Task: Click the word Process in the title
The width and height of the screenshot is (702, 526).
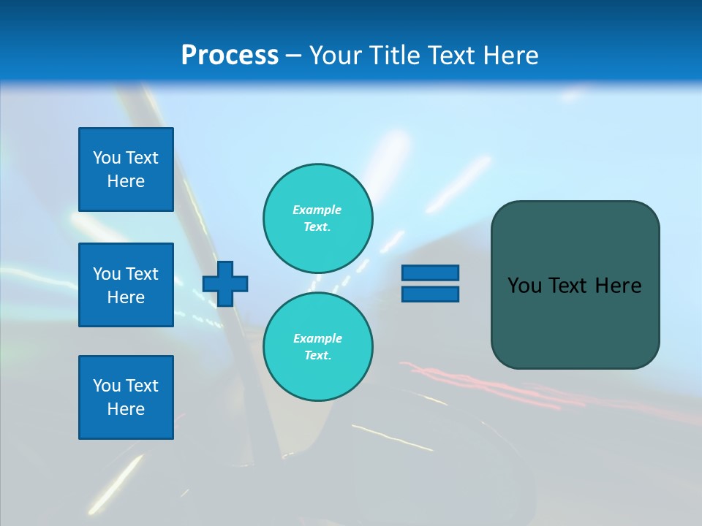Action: click(x=230, y=56)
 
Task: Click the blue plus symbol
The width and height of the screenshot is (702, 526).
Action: click(x=225, y=283)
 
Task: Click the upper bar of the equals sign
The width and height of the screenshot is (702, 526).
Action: click(x=430, y=272)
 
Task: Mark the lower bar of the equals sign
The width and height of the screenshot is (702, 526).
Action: click(x=430, y=294)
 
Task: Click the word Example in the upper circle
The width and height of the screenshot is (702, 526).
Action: click(x=317, y=210)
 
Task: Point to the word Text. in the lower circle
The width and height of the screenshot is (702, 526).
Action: click(x=317, y=355)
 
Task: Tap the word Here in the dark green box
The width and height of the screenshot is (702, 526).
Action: click(x=618, y=286)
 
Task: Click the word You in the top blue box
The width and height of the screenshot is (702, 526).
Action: click(x=107, y=158)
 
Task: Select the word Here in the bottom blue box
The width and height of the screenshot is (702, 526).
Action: click(x=126, y=409)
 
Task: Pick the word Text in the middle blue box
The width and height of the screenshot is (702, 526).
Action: click(x=142, y=274)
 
